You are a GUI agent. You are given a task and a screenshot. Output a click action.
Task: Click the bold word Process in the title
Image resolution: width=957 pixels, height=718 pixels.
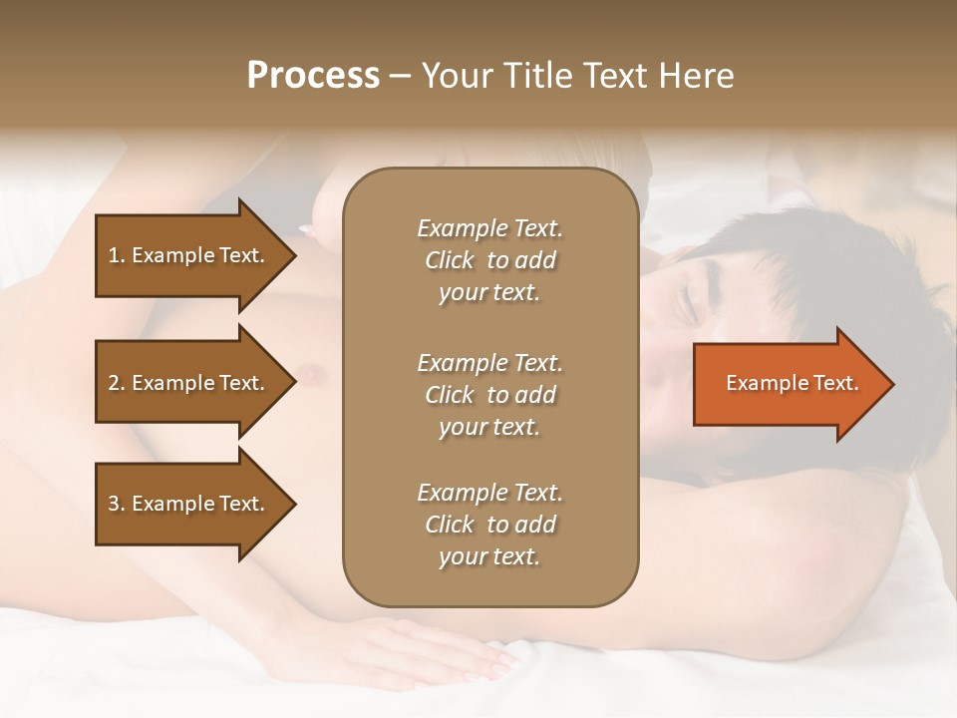(x=313, y=76)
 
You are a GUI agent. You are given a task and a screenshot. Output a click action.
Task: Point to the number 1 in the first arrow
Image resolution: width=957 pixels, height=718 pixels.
(x=114, y=255)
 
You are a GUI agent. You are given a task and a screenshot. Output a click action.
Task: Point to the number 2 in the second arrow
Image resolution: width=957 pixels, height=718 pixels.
(x=114, y=383)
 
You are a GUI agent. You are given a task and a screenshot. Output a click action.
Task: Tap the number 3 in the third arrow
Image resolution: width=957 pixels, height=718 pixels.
(x=114, y=504)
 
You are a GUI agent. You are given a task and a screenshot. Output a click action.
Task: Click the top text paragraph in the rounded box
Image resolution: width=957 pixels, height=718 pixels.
(x=489, y=260)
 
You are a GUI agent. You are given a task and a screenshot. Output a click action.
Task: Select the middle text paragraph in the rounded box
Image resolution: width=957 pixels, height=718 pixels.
(x=489, y=395)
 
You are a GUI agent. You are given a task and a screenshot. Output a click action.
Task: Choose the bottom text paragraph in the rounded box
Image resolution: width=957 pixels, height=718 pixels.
(x=489, y=525)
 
